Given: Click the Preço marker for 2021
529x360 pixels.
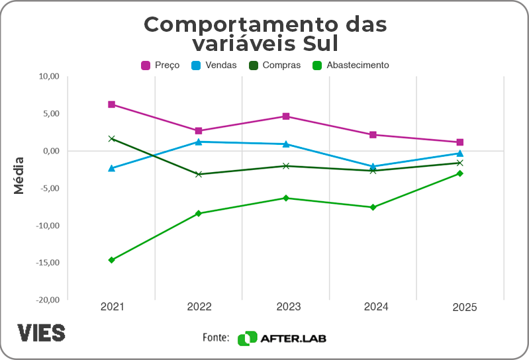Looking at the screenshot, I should tap(111, 105).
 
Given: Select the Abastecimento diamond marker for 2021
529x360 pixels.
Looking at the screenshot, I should tap(111, 260).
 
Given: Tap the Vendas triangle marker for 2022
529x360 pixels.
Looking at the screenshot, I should tap(199, 142).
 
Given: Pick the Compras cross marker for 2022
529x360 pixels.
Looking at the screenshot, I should tap(199, 174).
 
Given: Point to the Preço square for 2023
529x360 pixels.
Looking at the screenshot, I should tap(286, 116).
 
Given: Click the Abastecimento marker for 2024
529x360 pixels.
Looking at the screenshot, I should tap(373, 207).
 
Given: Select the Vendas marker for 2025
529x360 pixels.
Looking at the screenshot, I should tap(459, 154).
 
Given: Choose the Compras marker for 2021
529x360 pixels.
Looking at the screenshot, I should tap(111, 139).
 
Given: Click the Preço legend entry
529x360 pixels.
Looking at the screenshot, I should tap(160, 66).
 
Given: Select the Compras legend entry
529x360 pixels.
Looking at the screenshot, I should tap(274, 66).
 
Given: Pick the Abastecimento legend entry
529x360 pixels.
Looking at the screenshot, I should tap(351, 66).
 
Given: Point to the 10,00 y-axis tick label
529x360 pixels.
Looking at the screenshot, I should tap(49, 76).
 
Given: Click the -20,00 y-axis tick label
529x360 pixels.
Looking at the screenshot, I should tap(48, 300).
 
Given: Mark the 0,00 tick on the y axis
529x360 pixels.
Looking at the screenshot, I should tap(50, 151).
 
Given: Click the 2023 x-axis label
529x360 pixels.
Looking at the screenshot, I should tap(286, 307).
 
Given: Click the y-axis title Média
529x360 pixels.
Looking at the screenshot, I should tap(19, 175).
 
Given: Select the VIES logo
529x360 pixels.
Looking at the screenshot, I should tap(41, 332).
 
